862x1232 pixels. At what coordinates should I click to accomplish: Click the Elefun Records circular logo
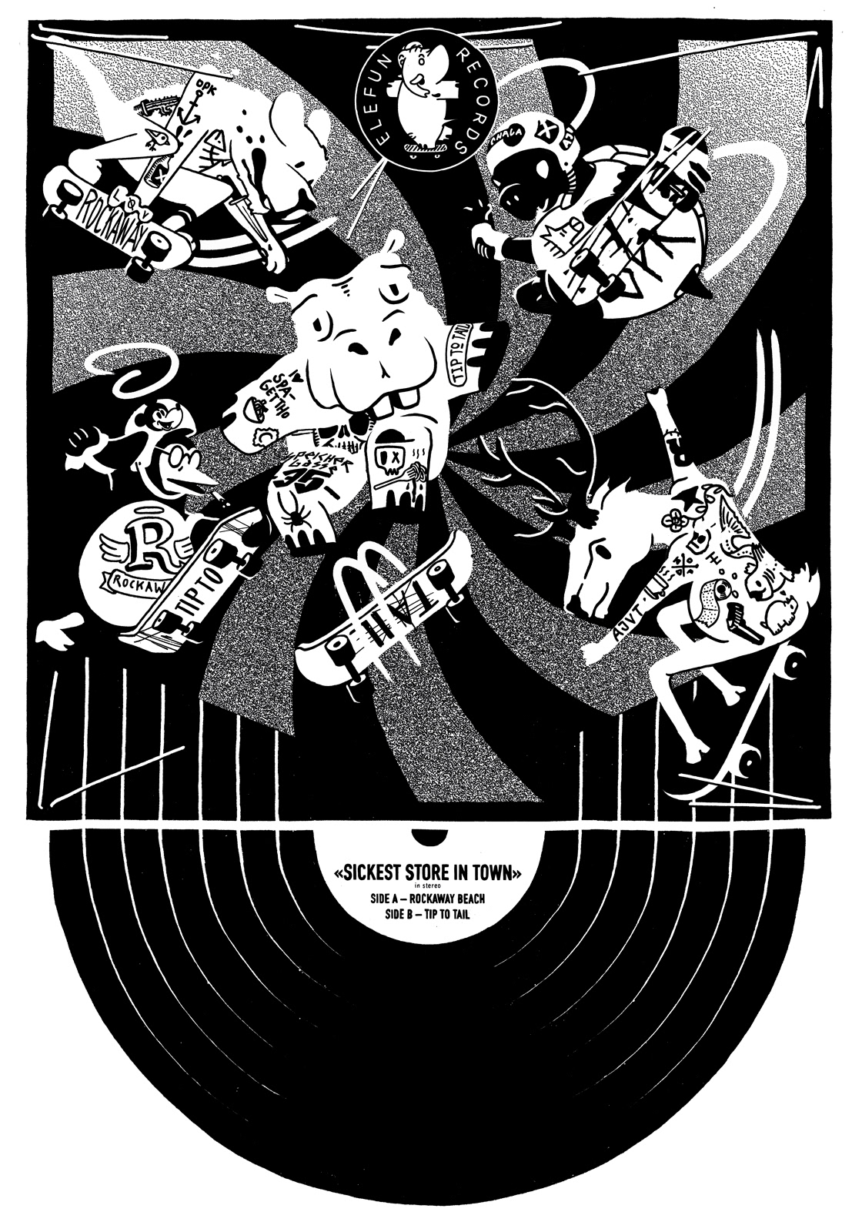(x=417, y=101)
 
